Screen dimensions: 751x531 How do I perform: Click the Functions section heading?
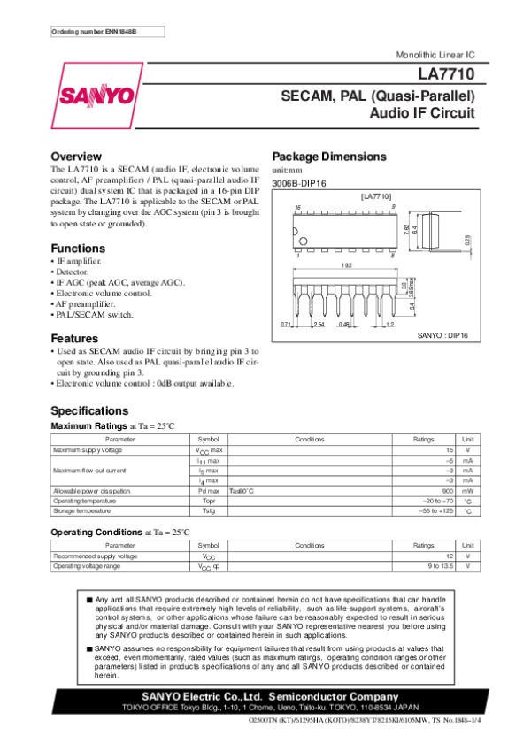click(78, 249)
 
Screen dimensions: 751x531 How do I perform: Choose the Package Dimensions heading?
click(329, 157)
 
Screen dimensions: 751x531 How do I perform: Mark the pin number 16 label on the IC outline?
click(298, 207)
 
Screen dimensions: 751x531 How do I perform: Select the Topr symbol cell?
click(209, 500)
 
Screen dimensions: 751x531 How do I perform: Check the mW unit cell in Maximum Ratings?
click(467, 490)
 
